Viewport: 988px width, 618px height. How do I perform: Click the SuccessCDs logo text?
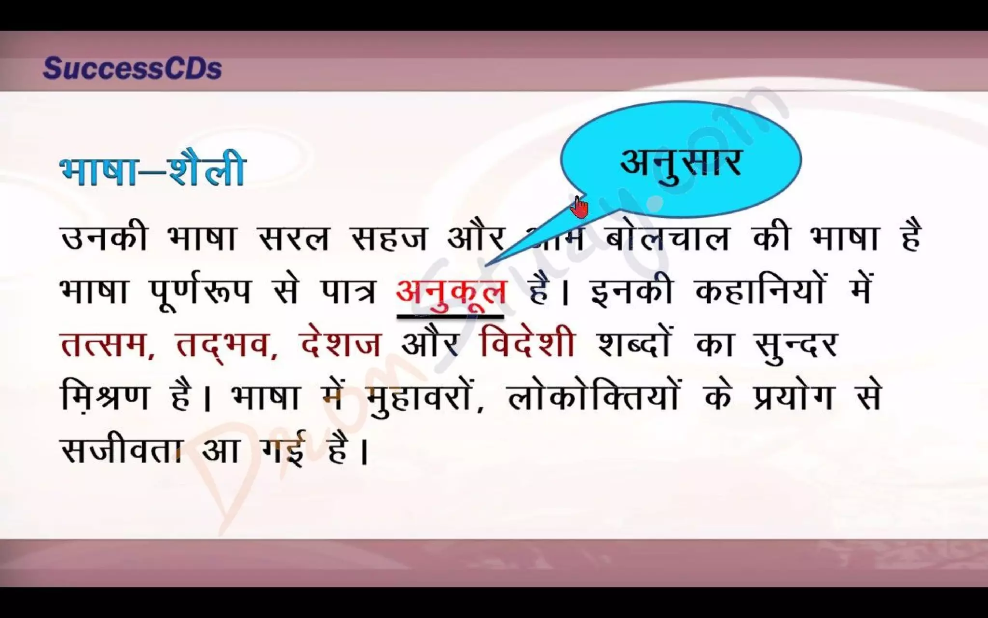pos(132,69)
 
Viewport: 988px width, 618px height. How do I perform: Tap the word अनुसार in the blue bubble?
pos(680,162)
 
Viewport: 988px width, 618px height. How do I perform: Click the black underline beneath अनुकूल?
pos(450,317)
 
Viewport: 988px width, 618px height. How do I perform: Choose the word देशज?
pos(340,345)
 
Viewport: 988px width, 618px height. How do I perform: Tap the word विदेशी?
pos(527,344)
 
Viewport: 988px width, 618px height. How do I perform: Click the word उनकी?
pos(104,238)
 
